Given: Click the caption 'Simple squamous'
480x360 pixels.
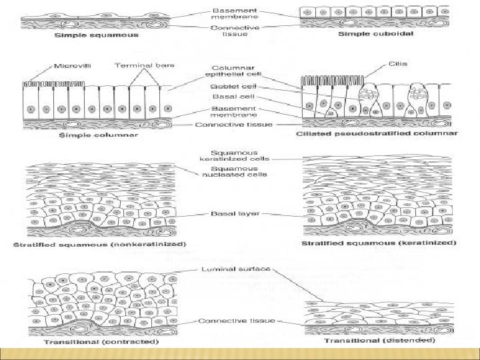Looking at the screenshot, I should click(97, 35).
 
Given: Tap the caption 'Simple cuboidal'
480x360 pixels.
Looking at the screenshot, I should click(375, 34).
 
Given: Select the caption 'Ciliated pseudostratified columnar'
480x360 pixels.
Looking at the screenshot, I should click(377, 134).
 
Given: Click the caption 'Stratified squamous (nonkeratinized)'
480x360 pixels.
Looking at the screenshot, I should click(99, 244).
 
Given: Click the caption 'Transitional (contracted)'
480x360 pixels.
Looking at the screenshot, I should click(101, 342).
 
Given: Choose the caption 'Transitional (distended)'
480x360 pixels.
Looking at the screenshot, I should click(379, 341).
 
